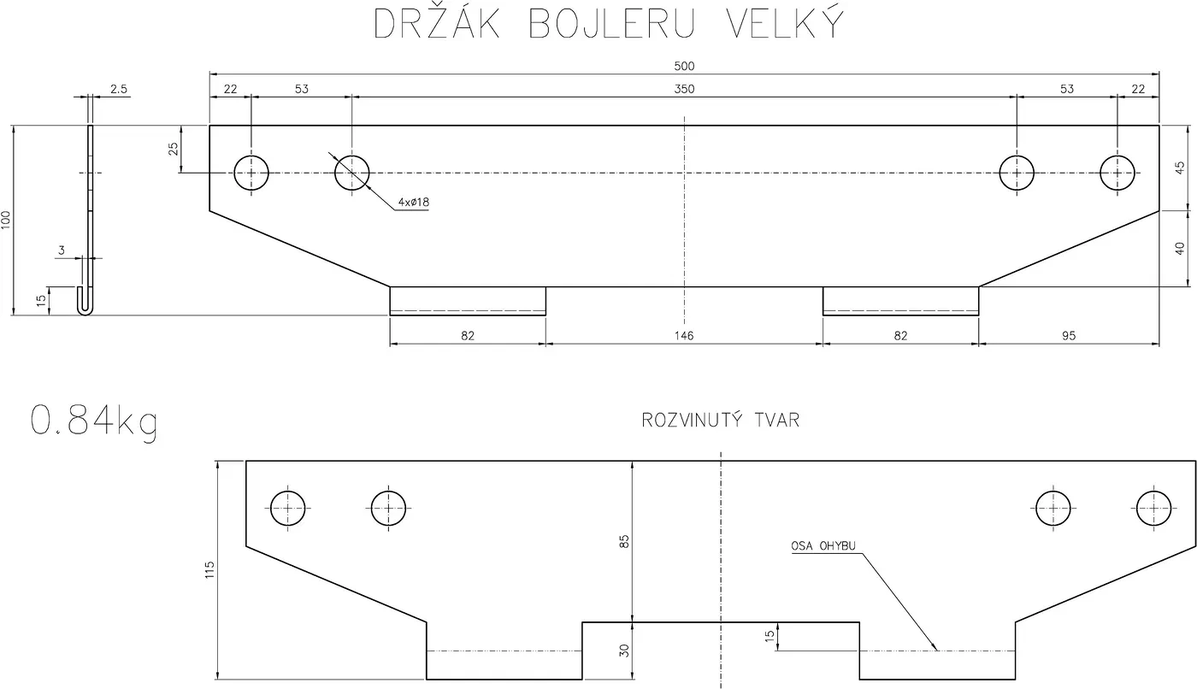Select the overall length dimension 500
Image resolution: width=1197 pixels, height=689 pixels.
coord(684,66)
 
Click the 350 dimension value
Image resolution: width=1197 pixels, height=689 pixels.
coord(684,89)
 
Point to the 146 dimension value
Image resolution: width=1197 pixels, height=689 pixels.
coord(684,336)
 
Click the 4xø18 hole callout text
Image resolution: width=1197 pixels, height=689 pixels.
coord(413,203)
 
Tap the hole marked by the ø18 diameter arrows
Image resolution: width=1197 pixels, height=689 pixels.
coord(351,173)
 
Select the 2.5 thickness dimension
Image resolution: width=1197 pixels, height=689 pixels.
coord(119,89)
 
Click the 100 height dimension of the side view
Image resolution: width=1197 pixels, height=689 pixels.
coord(7,219)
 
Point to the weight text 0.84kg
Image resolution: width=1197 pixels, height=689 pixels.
coord(94,421)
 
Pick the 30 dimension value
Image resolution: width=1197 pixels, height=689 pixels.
coord(624,651)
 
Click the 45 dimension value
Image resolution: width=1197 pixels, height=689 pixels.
coord(1180,167)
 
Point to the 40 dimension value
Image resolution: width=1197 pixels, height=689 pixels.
coord(1180,249)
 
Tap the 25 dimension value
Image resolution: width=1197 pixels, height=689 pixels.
coord(174,149)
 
